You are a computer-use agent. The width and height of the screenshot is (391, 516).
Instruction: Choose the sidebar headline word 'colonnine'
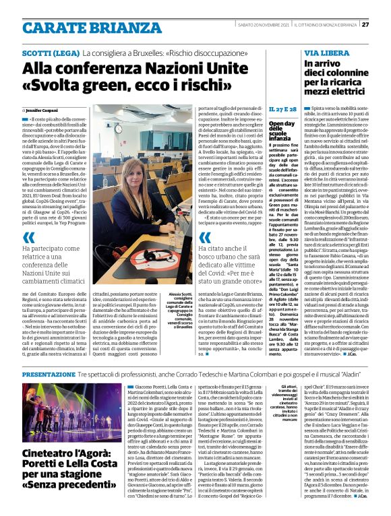click(343, 74)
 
